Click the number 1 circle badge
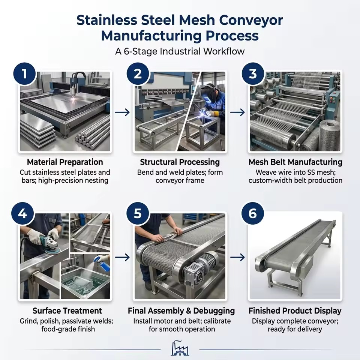[x=25, y=74]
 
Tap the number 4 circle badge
[x=23, y=214]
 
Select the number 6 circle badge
[x=252, y=213]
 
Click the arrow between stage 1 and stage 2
[x=122, y=112]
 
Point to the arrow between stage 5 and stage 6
[x=238, y=257]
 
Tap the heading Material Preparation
[x=65, y=162]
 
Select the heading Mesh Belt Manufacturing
[x=295, y=162]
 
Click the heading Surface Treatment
[x=67, y=310]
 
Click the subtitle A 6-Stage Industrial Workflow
[x=180, y=51]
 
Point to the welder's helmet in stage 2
[x=210, y=94]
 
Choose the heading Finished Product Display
[x=295, y=311]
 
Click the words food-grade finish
[x=68, y=329]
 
